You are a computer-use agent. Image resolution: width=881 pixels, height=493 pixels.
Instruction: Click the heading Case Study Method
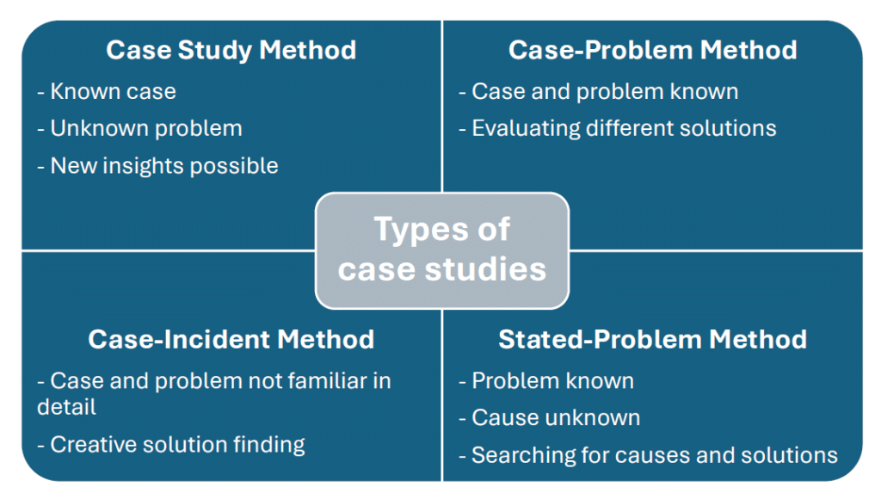point(231,50)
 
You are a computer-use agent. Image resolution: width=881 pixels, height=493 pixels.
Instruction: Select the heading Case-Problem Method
point(652,50)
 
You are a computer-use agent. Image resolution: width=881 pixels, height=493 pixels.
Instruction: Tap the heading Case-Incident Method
point(231,339)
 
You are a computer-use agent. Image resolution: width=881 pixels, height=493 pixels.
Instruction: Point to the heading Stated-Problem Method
point(652,339)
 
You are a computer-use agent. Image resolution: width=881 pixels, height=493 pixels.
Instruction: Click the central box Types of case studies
point(441,250)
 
